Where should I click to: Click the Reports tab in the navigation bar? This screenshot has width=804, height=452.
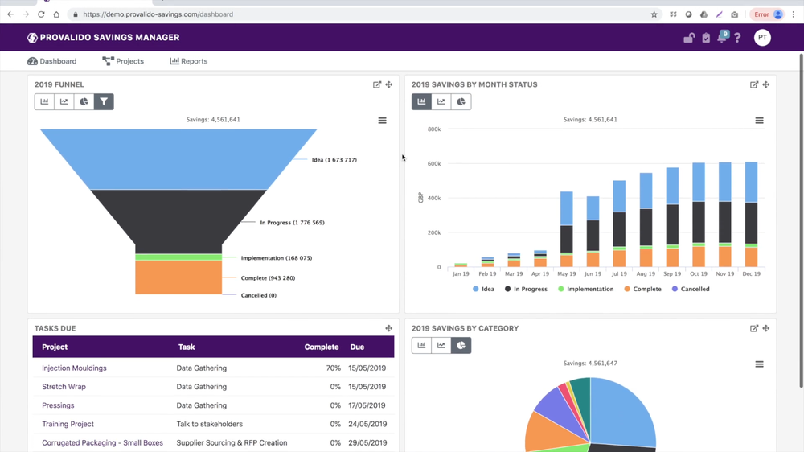click(x=189, y=61)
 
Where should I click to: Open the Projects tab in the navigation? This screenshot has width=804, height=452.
click(x=123, y=61)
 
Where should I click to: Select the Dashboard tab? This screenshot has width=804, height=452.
click(x=52, y=61)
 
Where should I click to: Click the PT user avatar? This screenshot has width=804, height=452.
click(x=762, y=38)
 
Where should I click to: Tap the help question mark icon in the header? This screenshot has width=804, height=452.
click(x=737, y=38)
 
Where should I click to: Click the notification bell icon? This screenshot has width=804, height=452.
click(x=722, y=38)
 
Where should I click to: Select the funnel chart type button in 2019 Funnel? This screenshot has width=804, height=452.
click(x=104, y=102)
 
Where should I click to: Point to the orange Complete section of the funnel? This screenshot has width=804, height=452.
click(x=178, y=277)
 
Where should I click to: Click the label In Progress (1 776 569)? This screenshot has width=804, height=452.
click(x=292, y=223)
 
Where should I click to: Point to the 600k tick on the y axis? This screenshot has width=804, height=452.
click(x=433, y=164)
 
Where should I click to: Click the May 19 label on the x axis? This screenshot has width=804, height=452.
click(x=566, y=274)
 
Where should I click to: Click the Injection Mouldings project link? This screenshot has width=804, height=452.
click(x=74, y=368)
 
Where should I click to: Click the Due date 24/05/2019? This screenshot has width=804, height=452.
click(x=367, y=424)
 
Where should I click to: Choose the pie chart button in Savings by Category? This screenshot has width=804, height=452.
click(x=461, y=346)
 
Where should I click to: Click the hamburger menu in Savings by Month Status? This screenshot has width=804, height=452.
click(x=759, y=121)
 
